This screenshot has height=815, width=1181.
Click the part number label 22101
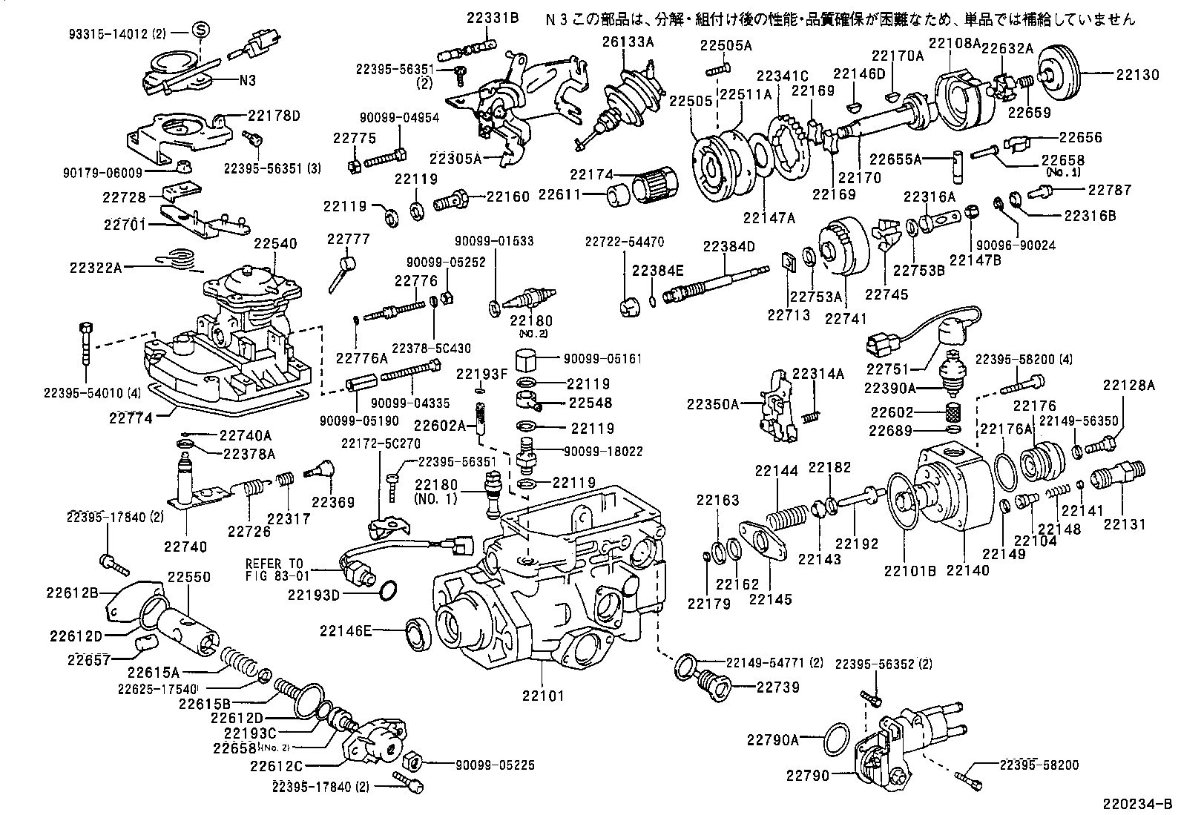point(542,696)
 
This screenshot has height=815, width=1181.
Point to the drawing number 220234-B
point(1141,802)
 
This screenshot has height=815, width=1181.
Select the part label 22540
point(275,244)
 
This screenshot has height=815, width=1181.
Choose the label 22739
point(778,687)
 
